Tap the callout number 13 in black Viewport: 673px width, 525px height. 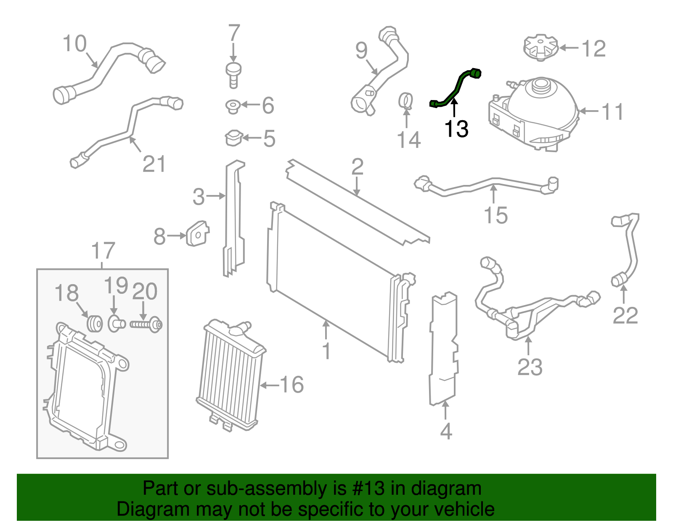456,129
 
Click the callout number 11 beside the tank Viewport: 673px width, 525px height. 612,112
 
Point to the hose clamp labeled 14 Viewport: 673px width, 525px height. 406,101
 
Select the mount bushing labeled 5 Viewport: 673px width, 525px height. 234,138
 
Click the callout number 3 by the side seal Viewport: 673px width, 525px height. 199,197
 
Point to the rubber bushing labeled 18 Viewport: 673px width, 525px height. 94,323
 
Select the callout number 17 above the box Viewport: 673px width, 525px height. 103,251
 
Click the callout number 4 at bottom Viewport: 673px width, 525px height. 446,432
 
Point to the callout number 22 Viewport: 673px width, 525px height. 625,316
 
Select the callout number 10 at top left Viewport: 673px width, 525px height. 75,44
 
